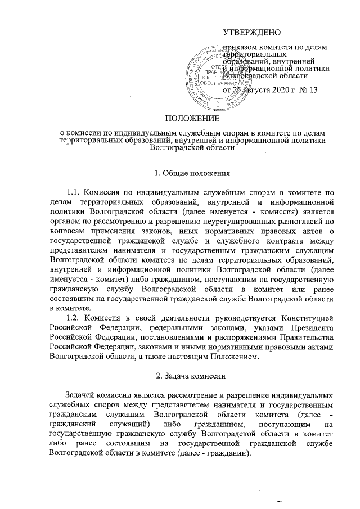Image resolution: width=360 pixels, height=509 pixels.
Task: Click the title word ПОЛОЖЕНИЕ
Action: point(189,118)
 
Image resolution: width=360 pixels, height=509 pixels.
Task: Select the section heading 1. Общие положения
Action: point(189,171)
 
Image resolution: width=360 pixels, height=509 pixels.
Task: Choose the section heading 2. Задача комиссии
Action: point(189,373)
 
